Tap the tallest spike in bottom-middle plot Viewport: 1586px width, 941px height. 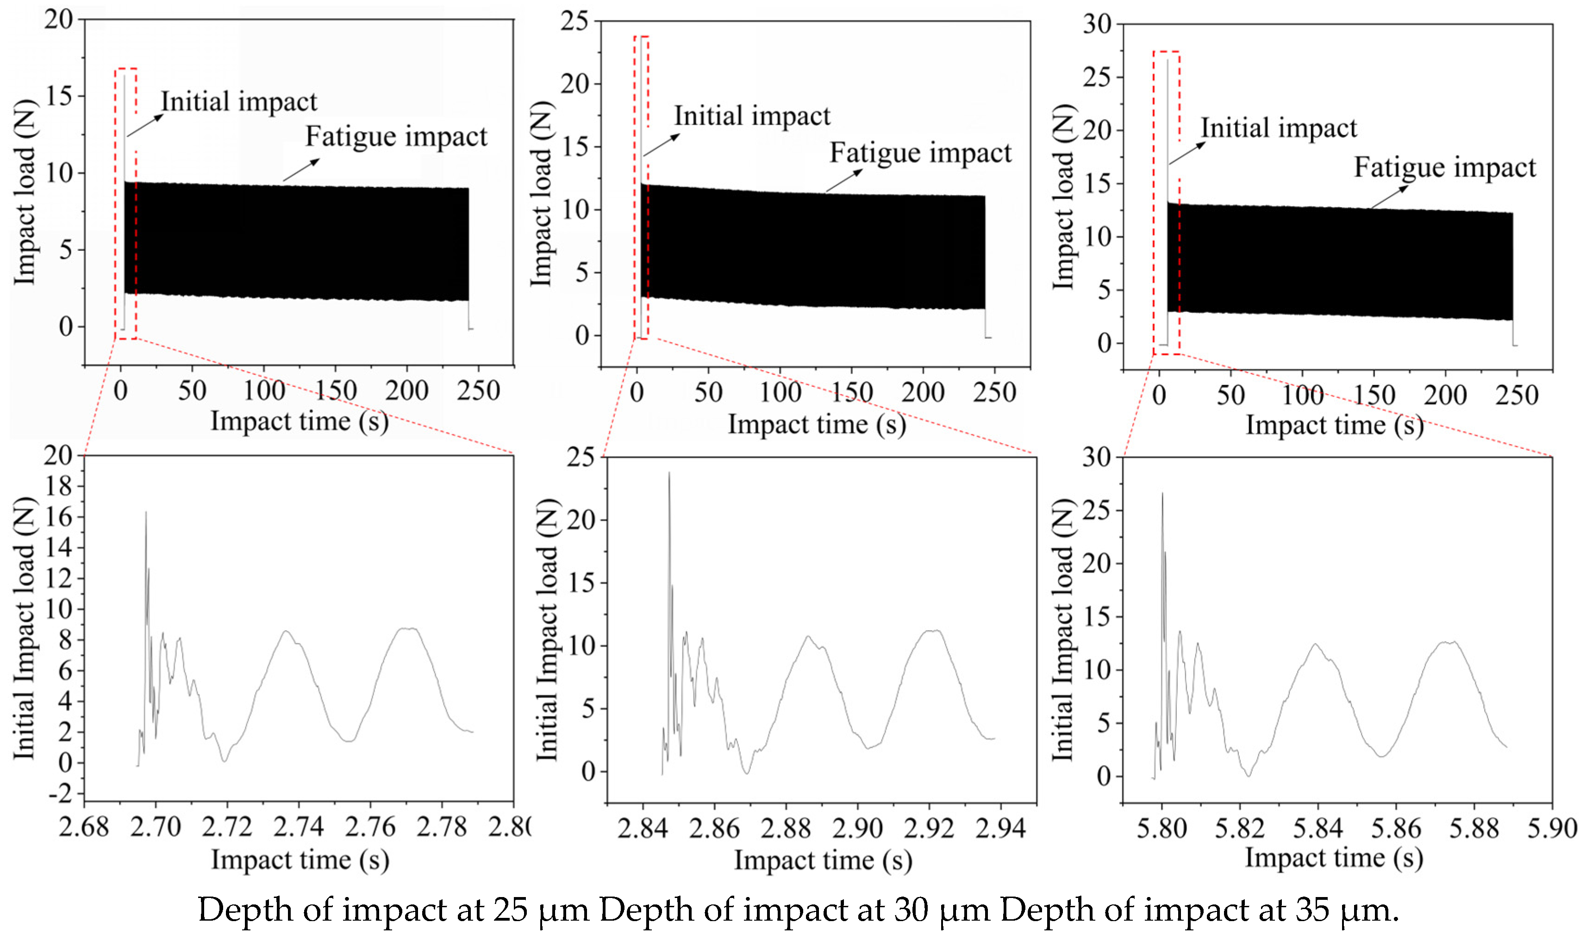click(668, 473)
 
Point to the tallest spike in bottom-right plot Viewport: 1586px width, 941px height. click(1162, 494)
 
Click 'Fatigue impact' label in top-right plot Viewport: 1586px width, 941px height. click(1445, 168)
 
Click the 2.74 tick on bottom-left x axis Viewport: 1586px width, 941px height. click(299, 827)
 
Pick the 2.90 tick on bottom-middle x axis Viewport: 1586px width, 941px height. click(857, 828)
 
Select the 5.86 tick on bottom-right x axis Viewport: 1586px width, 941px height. click(1396, 828)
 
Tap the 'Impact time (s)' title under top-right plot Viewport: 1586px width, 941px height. click(1335, 425)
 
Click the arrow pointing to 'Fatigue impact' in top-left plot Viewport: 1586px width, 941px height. click(301, 170)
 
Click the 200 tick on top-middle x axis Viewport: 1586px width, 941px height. click(923, 392)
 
